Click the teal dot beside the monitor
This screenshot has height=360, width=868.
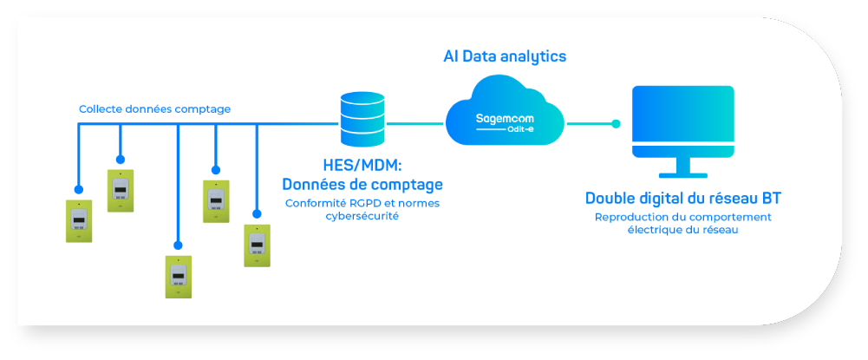(x=616, y=123)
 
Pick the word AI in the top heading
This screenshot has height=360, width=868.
(x=450, y=56)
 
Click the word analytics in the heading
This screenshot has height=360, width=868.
(x=533, y=56)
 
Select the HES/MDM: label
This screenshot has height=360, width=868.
(x=361, y=165)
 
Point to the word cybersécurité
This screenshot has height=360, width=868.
(x=362, y=217)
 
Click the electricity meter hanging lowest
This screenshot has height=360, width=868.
(x=179, y=276)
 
